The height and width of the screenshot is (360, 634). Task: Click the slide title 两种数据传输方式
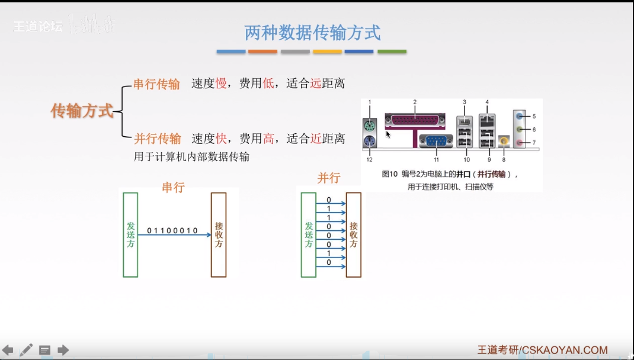tap(312, 33)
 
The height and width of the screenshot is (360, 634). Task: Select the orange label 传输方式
tap(82, 111)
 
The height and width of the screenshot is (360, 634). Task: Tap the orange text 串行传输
tap(156, 84)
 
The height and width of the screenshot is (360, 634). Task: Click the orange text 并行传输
tap(157, 139)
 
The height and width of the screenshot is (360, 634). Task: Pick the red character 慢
tap(221, 84)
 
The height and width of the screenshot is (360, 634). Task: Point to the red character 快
tap(221, 139)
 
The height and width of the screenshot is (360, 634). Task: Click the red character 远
tap(315, 84)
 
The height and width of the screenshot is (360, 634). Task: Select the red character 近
tap(315, 139)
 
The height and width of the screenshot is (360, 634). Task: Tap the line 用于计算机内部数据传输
tap(191, 156)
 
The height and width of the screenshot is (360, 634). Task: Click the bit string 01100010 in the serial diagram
tap(172, 230)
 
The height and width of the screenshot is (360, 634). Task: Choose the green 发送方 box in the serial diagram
tap(130, 234)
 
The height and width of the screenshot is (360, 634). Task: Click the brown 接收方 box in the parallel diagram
tap(353, 234)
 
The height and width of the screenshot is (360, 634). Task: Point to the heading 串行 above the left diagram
tap(174, 188)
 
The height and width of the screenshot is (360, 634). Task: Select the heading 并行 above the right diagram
tap(329, 178)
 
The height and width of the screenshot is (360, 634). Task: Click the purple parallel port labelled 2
tap(415, 121)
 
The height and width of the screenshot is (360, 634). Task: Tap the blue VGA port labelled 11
tap(436, 141)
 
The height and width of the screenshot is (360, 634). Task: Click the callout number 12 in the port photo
tap(369, 160)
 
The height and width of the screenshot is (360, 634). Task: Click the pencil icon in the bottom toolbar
tap(26, 350)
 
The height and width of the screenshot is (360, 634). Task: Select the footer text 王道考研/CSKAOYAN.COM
tap(542, 350)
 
